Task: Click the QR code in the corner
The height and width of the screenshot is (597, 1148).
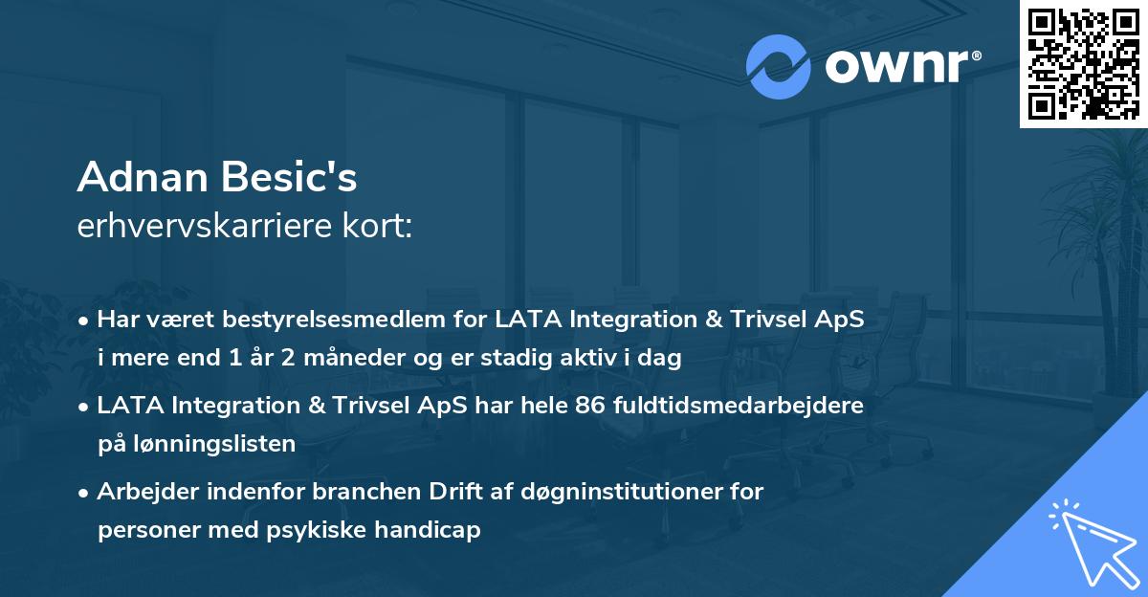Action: (1083, 63)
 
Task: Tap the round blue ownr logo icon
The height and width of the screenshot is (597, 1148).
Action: (778, 67)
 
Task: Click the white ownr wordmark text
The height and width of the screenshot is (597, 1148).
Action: (903, 66)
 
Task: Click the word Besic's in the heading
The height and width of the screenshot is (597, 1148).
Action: (289, 177)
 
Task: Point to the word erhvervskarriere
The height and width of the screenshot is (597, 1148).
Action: (205, 226)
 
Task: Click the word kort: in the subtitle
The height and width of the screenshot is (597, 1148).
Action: (377, 226)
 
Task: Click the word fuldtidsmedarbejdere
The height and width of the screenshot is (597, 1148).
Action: (739, 406)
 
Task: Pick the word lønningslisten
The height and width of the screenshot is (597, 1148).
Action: (214, 444)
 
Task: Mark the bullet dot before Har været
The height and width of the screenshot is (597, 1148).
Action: (82, 321)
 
